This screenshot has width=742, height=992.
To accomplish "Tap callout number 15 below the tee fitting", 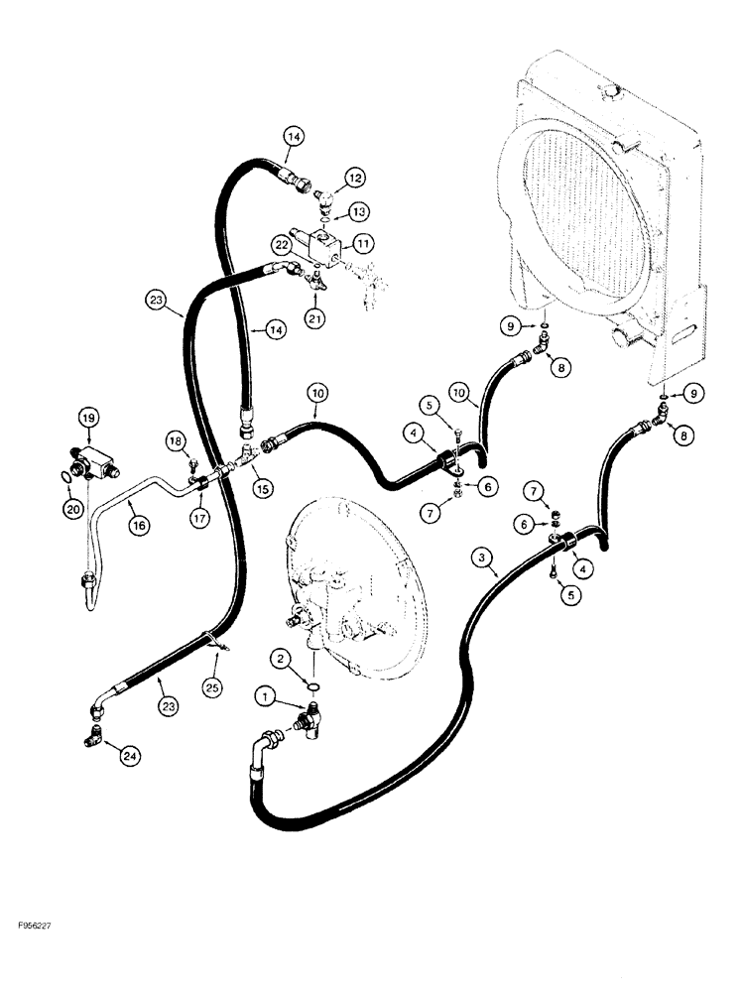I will [263, 488].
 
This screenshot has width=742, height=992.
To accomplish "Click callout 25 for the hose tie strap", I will [210, 684].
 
